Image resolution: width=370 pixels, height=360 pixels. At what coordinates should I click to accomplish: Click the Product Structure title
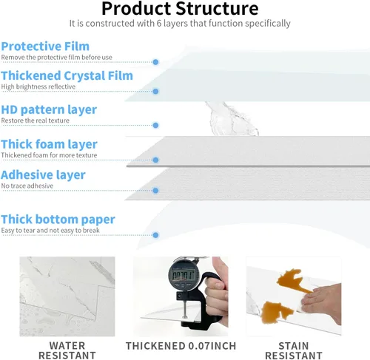click(180, 9)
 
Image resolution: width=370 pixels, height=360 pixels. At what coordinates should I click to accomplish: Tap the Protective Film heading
click(45, 47)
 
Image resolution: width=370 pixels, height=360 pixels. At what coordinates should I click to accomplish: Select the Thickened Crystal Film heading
click(67, 76)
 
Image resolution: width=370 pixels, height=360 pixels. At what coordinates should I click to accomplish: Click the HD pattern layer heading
click(49, 110)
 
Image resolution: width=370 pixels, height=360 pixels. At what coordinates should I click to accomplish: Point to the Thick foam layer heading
click(49, 144)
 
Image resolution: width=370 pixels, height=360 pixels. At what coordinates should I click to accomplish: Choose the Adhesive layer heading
click(43, 175)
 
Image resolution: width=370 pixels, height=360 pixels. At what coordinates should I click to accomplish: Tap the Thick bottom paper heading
click(58, 220)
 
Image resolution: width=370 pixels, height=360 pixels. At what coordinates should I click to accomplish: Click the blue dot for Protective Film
click(155, 62)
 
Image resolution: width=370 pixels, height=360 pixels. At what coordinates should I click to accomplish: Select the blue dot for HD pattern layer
click(155, 126)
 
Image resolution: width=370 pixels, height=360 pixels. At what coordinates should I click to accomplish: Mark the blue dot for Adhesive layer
click(155, 191)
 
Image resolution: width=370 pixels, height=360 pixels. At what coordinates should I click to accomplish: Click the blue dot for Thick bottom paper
click(155, 235)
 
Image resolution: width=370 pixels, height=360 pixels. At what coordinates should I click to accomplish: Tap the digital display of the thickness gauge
click(184, 275)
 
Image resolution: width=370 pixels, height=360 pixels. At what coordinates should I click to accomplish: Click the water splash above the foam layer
click(232, 119)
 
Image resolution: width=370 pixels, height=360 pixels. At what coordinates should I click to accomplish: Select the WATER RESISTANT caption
click(67, 350)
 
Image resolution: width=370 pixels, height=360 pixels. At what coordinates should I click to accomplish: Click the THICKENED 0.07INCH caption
click(181, 346)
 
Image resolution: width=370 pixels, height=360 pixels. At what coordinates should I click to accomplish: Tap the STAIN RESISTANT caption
click(294, 350)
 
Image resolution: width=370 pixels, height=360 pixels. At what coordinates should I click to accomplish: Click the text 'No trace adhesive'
click(27, 186)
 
